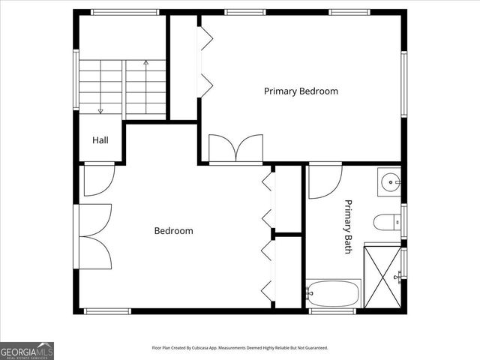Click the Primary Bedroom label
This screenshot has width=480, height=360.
pyautogui.click(x=301, y=91)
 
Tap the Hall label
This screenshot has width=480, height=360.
pyautogui.click(x=101, y=140)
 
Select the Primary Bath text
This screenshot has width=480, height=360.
pyautogui.click(x=348, y=226)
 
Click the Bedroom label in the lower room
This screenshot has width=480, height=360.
pyautogui.click(x=173, y=231)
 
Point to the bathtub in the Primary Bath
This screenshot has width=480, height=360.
pyautogui.click(x=333, y=293)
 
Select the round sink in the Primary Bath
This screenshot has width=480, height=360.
pyautogui.click(x=390, y=182)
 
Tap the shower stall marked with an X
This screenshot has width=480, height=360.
pyautogui.click(x=383, y=277)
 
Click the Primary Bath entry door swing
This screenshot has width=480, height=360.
pyautogui.click(x=324, y=180)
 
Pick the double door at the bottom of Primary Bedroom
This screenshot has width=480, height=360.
pyautogui.click(x=235, y=148)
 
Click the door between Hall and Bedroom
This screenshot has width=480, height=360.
pyautogui.click(x=98, y=178)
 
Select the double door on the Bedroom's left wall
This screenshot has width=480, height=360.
pyautogui.click(x=94, y=236)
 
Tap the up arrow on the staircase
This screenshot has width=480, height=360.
pyautogui.click(x=145, y=64)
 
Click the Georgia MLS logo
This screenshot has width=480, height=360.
pyautogui.click(x=27, y=350)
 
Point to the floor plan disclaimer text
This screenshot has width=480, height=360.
pyautogui.click(x=239, y=348)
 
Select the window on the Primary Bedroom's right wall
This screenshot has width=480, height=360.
pyautogui.click(x=403, y=83)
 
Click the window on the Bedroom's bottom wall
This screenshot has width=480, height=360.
pyautogui.click(x=107, y=311)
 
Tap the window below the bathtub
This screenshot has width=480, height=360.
pyautogui.click(x=332, y=311)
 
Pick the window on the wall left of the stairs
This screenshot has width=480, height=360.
pyautogui.click(x=76, y=79)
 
